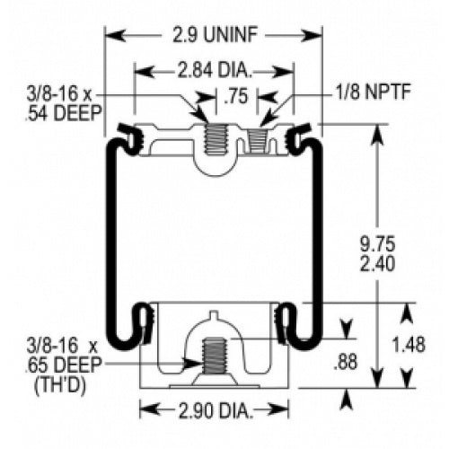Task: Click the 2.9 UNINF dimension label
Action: point(215,35)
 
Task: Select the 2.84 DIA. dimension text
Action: point(215,71)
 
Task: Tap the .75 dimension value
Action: point(236,96)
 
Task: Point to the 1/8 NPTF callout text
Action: point(373,92)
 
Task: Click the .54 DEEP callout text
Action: point(64,113)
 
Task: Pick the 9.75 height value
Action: point(378,244)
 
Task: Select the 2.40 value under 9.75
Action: point(378,264)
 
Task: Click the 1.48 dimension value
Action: point(409,345)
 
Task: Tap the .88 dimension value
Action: point(346,362)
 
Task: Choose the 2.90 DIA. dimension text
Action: point(214,410)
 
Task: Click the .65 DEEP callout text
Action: point(64,365)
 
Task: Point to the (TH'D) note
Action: point(60,385)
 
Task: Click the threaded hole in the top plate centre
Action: point(214,138)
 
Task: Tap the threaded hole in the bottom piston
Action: point(214,356)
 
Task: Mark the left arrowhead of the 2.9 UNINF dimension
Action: point(115,35)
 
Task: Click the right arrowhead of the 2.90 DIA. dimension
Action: point(278,410)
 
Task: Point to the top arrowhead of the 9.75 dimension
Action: point(378,134)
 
